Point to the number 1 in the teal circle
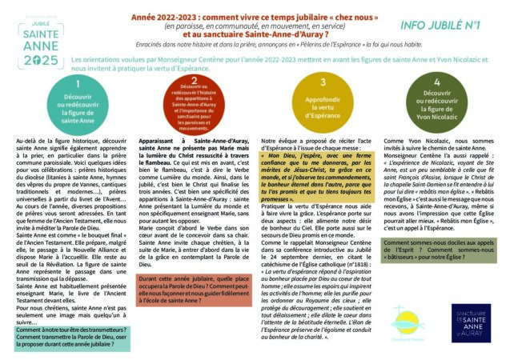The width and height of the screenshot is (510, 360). coord(77,82)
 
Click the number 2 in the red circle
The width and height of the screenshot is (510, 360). coord(194,81)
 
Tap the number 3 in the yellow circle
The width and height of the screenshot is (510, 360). coord(322,82)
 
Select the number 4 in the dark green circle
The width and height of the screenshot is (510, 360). coord(436,82)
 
